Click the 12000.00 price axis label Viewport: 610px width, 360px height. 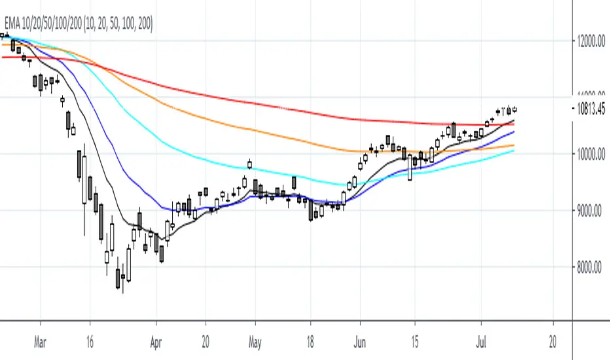point(587,41)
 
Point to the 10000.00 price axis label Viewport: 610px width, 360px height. point(587,154)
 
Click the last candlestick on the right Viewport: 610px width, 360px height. point(514,109)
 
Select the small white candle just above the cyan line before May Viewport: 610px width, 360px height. point(249,164)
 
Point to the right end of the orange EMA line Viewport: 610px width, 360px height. point(513,145)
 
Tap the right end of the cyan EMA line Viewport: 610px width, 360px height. point(513,151)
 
